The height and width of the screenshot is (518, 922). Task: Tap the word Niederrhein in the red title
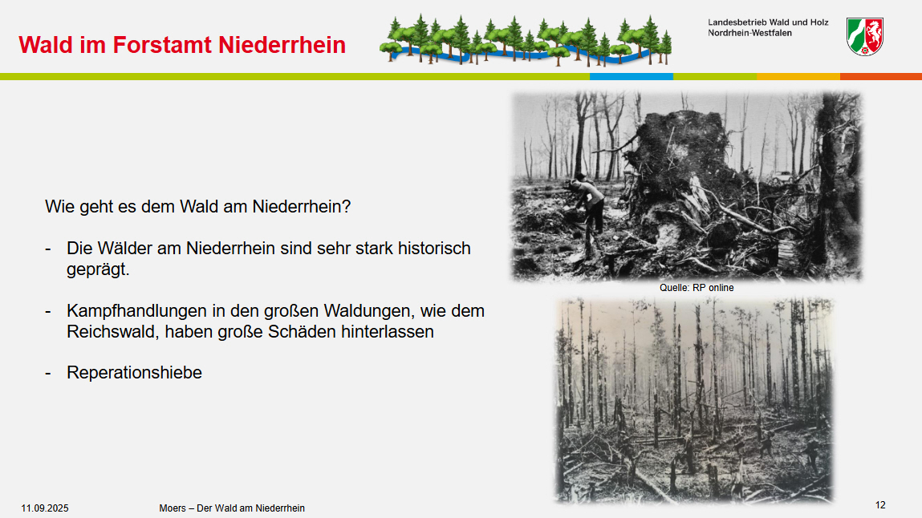tap(282, 45)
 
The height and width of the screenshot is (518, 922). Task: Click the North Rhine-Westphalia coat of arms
tap(864, 36)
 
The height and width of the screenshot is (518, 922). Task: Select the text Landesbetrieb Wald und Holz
tap(768, 22)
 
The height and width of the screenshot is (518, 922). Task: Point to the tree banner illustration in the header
tap(525, 39)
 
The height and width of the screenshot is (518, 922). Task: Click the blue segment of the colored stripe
tap(631, 76)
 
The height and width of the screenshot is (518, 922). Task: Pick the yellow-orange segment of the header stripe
tap(798, 76)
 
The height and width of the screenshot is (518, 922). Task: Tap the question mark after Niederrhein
tap(347, 207)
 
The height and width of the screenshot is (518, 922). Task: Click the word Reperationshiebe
tap(134, 373)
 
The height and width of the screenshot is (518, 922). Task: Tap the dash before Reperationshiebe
tap(48, 373)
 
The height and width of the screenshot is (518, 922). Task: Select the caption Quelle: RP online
tap(697, 288)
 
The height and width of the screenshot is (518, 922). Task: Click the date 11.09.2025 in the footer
tap(45, 508)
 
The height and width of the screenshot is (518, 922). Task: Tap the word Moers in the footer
tap(173, 508)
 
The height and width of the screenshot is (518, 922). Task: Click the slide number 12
tap(880, 505)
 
